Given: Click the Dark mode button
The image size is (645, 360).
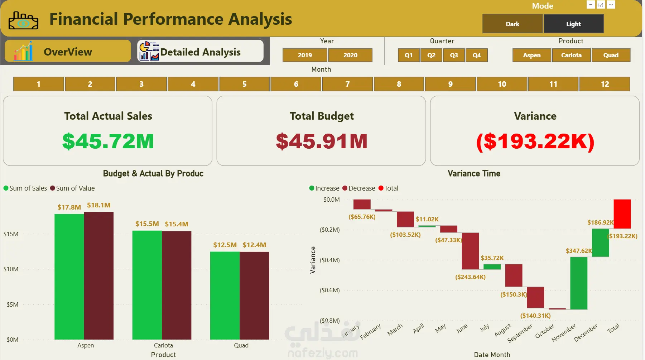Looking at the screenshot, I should click(512, 24).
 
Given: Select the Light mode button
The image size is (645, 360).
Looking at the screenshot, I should click(573, 24).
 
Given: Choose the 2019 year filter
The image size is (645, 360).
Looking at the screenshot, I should click(305, 55).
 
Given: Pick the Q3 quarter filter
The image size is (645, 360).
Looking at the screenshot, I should click(454, 55).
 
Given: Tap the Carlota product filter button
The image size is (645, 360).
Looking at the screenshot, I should click(571, 55).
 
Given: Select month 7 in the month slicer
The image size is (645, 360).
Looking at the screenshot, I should click(347, 84).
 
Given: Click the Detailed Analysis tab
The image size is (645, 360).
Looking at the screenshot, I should click(200, 52).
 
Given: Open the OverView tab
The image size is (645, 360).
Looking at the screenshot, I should click(68, 52).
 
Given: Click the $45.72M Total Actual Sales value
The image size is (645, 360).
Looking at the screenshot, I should click(108, 141).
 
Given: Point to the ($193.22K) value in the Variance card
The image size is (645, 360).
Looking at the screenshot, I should click(535, 141).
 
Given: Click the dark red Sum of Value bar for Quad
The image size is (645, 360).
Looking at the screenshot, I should click(254, 296).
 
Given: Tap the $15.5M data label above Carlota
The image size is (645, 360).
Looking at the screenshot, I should click(147, 224).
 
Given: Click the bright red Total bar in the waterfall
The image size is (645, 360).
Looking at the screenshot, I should click(622, 214).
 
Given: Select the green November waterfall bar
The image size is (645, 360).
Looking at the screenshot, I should click(579, 283).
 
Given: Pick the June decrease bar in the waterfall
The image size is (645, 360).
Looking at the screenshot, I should click(470, 251).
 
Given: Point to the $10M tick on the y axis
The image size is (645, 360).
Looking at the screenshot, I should click(11, 269).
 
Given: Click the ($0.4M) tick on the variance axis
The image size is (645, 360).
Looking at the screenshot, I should click(329, 260).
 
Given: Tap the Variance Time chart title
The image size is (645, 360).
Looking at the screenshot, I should click(474, 174).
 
